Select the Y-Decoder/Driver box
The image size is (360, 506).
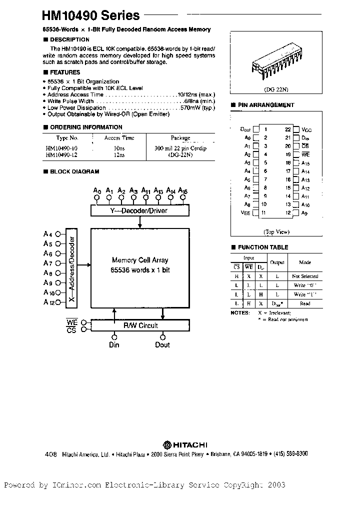click(138, 210)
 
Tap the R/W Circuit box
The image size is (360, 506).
click(140, 325)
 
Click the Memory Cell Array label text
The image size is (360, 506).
click(140, 260)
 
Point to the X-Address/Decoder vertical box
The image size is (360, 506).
click(72, 267)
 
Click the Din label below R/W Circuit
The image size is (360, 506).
click(114, 344)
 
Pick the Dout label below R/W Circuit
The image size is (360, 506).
click(162, 344)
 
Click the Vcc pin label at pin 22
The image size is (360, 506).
click(307, 129)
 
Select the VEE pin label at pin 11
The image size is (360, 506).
click(245, 213)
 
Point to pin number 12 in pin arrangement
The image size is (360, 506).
click(288, 213)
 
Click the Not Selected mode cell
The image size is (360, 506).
click(305, 276)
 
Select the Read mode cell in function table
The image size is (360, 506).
click(305, 303)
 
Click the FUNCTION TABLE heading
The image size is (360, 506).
click(262, 247)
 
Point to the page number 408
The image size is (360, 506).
click(50, 454)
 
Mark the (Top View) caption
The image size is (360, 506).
click(276, 232)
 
